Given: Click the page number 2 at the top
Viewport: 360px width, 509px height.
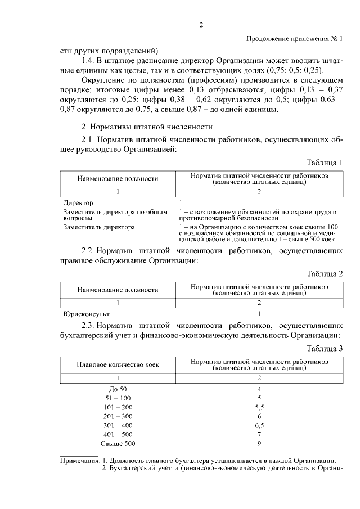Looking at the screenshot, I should coord(201,24).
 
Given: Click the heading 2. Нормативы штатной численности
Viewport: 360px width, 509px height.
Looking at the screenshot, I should coord(147,127).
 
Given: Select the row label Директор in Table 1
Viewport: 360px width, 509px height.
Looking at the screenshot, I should coord(79,202).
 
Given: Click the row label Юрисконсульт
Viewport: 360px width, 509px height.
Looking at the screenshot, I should coord(87,313).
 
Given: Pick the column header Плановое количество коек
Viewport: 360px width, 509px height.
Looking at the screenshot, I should coord(118,364).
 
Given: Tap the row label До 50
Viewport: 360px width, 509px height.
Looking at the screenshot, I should coord(118,389).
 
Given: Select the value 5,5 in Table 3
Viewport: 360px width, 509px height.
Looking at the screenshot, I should coord(259,407).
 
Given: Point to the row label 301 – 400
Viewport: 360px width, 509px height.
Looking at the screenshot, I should coord(118,426).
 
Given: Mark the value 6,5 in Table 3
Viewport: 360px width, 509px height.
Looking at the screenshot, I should coord(259,426).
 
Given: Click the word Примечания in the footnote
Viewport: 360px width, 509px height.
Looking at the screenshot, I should coord(80,460).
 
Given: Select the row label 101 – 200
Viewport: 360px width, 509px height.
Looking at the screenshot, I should coord(118,407).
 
